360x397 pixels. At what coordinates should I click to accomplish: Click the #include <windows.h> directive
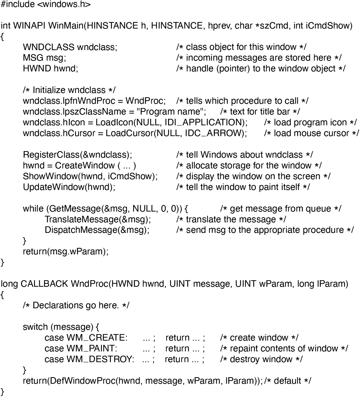click(x=46, y=5)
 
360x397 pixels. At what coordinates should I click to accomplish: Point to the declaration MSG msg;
click(x=44, y=58)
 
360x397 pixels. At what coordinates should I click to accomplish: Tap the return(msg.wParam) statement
click(x=66, y=252)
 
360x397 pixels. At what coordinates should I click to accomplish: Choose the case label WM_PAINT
click(x=91, y=348)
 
